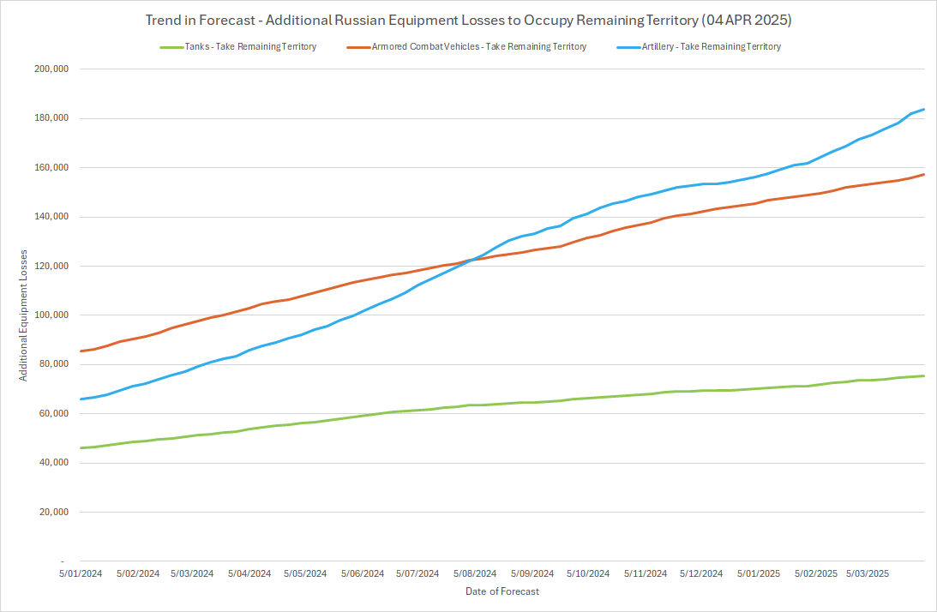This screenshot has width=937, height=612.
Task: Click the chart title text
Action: pyautogui.click(x=468, y=19)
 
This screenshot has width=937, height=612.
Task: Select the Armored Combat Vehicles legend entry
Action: pyautogui.click(x=474, y=47)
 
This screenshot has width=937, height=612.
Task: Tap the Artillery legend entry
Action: pyautogui.click(x=706, y=47)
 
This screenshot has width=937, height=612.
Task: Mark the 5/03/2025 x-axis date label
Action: pyautogui.click(x=868, y=573)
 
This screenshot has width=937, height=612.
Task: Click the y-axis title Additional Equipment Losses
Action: pyautogui.click(x=25, y=315)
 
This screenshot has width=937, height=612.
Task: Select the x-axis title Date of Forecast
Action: pyautogui.click(x=502, y=591)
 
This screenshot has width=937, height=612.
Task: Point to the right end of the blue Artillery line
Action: pyautogui.click(x=923, y=109)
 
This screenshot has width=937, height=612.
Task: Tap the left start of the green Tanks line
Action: pyautogui.click(x=80, y=447)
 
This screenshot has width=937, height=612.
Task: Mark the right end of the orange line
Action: pyautogui.click(x=923, y=174)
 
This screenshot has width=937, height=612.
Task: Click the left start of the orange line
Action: pyautogui.click(x=80, y=351)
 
